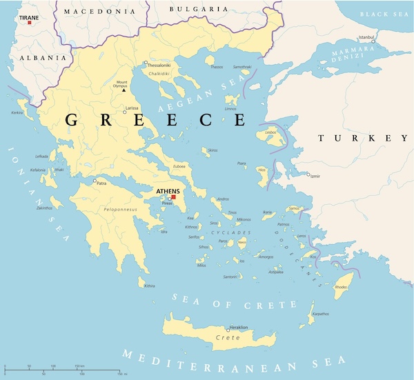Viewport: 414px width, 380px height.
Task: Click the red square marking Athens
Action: tap(175, 197)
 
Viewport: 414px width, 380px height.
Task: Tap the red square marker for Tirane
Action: tap(29, 23)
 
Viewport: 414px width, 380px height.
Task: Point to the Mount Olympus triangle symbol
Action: tap(124, 90)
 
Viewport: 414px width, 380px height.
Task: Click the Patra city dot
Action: tap(95, 181)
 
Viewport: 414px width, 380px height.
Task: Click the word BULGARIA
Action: tap(199, 9)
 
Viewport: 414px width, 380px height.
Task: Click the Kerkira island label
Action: tap(17, 112)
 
